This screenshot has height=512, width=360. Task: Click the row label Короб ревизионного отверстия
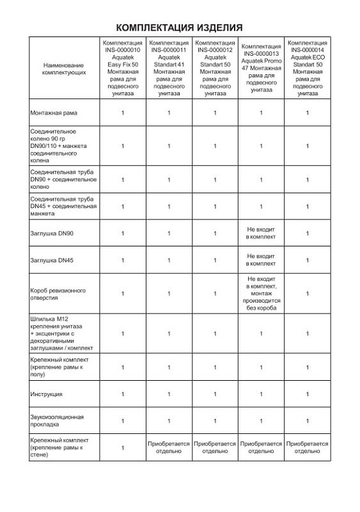[58, 293]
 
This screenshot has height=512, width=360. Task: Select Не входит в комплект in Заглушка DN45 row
[261, 260]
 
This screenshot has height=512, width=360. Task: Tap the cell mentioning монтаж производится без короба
[261, 293]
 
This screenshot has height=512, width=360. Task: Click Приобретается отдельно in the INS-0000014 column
[307, 447]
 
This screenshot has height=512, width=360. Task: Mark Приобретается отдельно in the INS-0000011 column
[169, 447]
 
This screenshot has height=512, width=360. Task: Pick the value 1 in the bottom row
[122, 447]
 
